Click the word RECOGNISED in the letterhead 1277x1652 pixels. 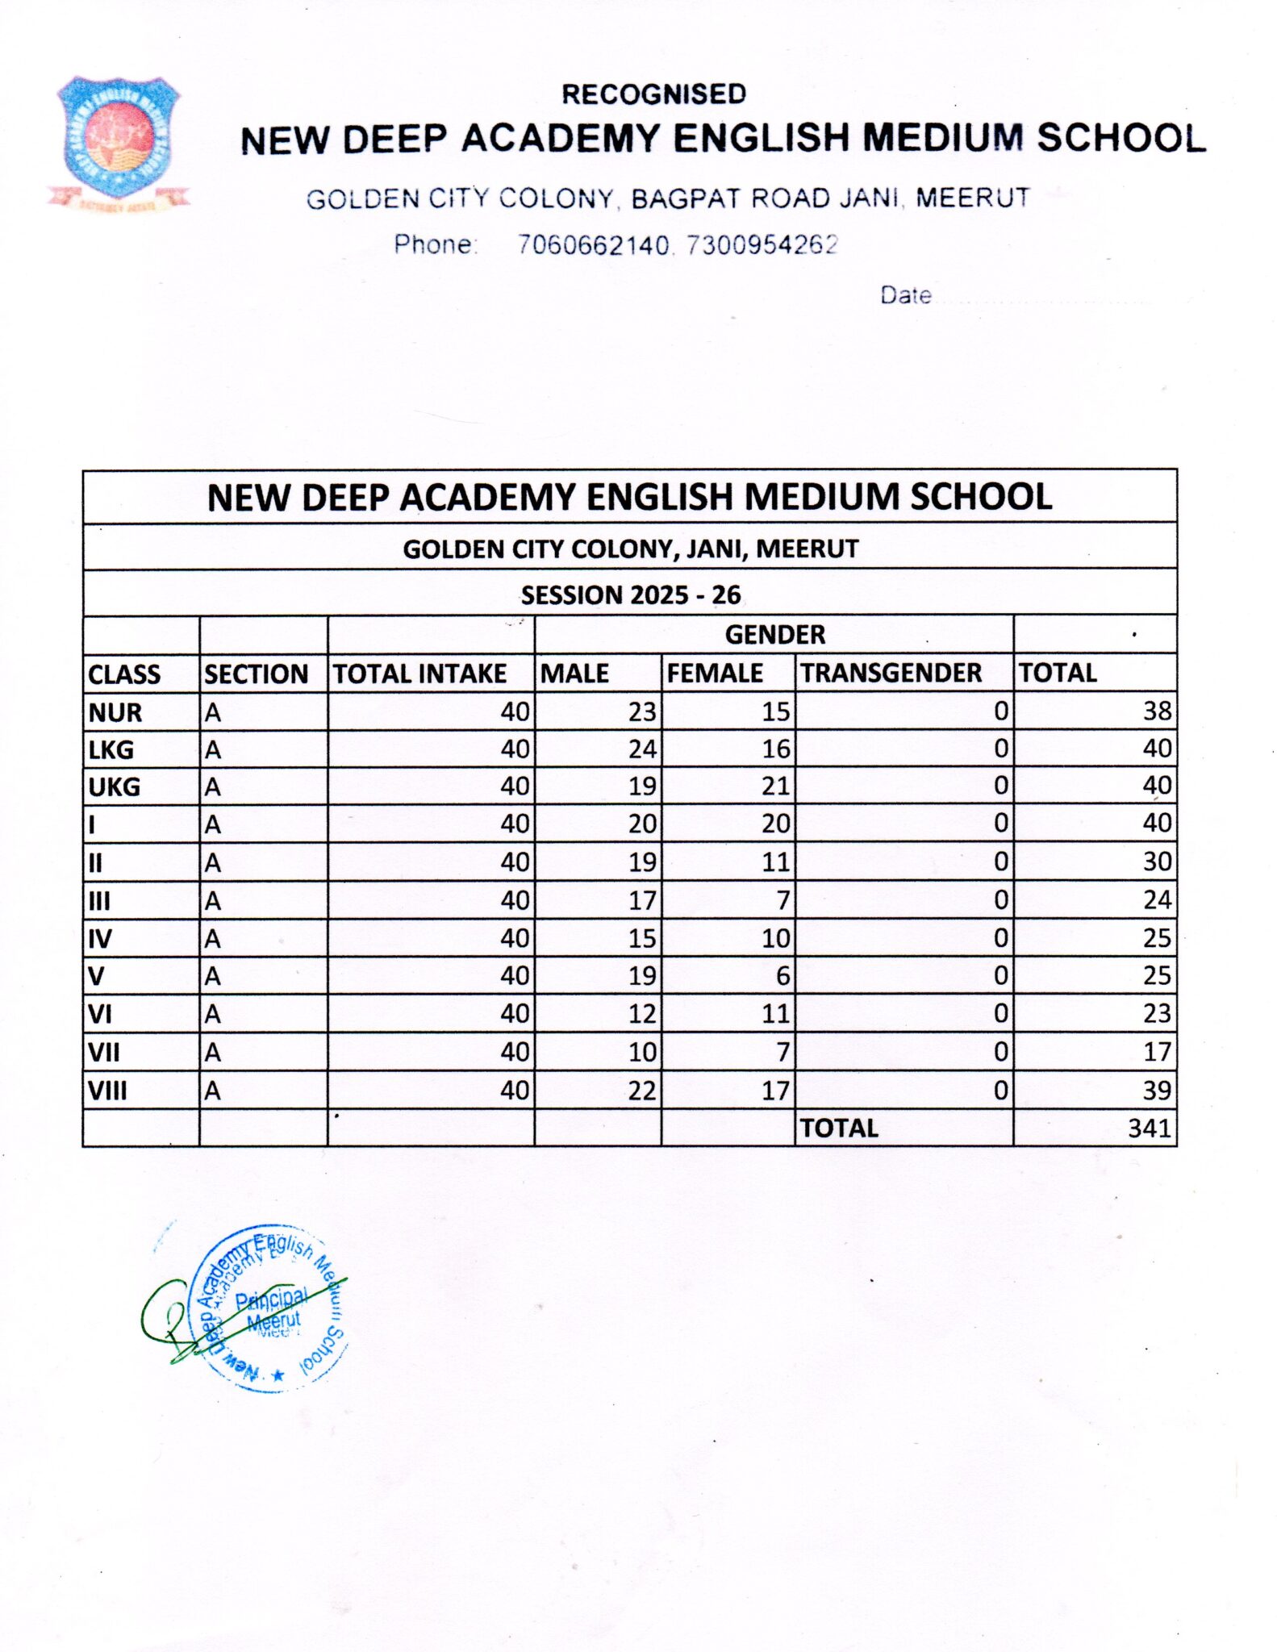pos(653,94)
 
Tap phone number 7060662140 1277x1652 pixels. pos(593,244)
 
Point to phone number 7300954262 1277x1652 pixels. pos(762,244)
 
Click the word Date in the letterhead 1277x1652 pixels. pos(905,295)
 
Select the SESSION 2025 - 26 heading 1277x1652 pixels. pos(630,595)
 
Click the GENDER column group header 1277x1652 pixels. pos(774,635)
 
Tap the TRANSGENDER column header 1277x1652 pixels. pos(891,673)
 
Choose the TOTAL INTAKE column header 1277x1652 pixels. pos(419,674)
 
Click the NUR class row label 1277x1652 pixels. pos(115,712)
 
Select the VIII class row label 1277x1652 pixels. pos(107,1091)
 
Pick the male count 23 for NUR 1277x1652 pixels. pos(642,711)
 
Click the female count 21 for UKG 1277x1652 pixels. pos(775,786)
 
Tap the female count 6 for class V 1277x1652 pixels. pos(782,976)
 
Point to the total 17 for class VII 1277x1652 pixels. pos(1157,1052)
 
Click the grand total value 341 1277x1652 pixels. pos(1150,1128)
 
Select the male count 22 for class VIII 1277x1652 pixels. pos(642,1091)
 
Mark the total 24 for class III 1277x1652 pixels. pos(1157,900)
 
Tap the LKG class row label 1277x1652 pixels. pos(111,750)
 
